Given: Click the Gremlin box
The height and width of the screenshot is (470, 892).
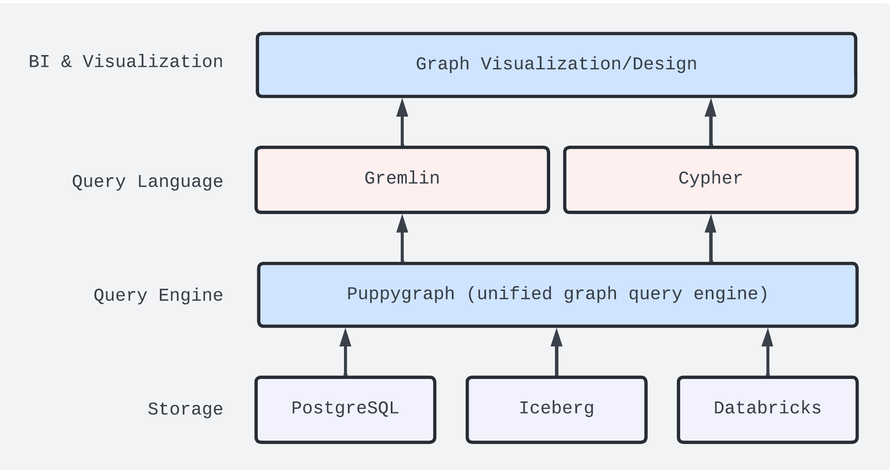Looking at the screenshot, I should pyautogui.click(x=402, y=180).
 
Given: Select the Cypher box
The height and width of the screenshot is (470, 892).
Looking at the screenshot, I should pyautogui.click(x=710, y=180).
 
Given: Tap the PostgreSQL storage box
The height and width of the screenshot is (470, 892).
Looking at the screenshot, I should pyautogui.click(x=345, y=409).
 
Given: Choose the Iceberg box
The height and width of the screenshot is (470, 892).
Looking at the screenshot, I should pyautogui.click(x=556, y=409).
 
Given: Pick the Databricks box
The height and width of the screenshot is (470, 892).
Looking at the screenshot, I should pyautogui.click(x=767, y=409).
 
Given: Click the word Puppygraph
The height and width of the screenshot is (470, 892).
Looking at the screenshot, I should pyautogui.click(x=401, y=294).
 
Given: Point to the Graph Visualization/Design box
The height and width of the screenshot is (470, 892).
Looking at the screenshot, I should pyautogui.click(x=556, y=65).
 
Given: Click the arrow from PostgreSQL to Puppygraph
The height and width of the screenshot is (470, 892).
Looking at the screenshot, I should pyautogui.click(x=345, y=352).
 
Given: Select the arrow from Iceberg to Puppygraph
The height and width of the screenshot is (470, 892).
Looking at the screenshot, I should pyautogui.click(x=556, y=352).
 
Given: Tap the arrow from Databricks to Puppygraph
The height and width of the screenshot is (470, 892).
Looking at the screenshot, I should pyautogui.click(x=767, y=352).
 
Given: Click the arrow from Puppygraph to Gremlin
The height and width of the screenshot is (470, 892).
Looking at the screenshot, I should pyautogui.click(x=402, y=238).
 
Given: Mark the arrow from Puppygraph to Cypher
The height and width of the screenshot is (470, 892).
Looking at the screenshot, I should pyautogui.click(x=710, y=238).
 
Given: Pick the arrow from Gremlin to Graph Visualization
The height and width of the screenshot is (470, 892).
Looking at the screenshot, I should pyautogui.click(x=402, y=122).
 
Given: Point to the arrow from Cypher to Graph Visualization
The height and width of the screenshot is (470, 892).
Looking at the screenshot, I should pyautogui.click(x=710, y=122).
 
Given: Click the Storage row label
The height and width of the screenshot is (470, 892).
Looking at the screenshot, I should pyautogui.click(x=185, y=409).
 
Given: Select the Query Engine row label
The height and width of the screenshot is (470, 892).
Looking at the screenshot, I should pyautogui.click(x=158, y=295).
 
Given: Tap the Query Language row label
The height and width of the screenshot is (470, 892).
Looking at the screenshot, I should pyautogui.click(x=147, y=181).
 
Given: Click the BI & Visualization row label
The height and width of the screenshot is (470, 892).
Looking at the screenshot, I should pyautogui.click(x=126, y=62).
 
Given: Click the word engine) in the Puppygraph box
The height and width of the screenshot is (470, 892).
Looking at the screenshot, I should pyautogui.click(x=731, y=294).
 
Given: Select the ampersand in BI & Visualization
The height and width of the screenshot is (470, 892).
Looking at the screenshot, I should pyautogui.click(x=66, y=62).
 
